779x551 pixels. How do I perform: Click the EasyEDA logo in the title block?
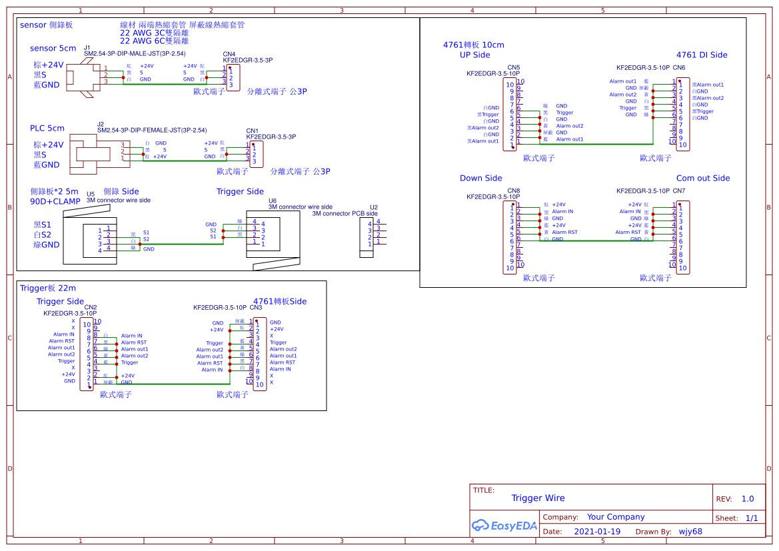[x=504, y=525]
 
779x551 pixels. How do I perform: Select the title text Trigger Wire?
[x=538, y=498]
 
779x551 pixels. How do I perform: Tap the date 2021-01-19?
[x=596, y=532]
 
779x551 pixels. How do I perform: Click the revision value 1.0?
[x=748, y=499]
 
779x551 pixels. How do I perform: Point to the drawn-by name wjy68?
[x=690, y=532]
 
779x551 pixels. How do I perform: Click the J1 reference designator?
[x=87, y=47]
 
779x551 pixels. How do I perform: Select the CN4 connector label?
[x=229, y=54]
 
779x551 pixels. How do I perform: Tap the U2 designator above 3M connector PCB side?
[x=373, y=207]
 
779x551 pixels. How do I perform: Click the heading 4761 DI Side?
[x=702, y=55]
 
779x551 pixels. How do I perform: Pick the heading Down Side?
[x=480, y=178]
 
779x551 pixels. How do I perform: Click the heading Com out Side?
[x=703, y=178]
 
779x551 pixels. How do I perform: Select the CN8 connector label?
[x=513, y=191]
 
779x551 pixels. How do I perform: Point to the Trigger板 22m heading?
[x=48, y=288]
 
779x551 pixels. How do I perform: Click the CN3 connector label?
[x=256, y=308]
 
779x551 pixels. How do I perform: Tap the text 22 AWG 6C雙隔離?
[x=154, y=41]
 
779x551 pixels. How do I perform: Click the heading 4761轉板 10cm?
[x=473, y=45]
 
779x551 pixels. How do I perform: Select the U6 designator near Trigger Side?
[x=272, y=201]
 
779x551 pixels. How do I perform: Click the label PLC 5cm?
[x=47, y=128]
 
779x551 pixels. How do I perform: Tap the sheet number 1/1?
[x=751, y=518]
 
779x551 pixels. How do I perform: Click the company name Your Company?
[x=616, y=517]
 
